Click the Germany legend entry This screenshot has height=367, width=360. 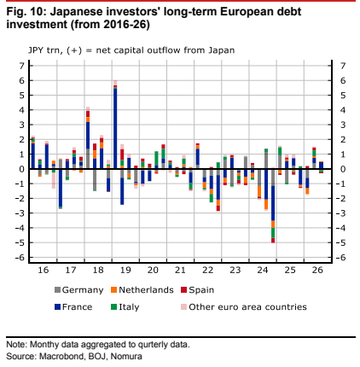(79, 290)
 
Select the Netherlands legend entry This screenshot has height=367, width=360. (142, 290)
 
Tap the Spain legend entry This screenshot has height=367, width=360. (198, 290)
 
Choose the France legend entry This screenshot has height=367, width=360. (73, 307)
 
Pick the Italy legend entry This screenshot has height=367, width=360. (125, 307)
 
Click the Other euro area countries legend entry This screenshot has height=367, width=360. (244, 307)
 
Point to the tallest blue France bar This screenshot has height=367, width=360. (115, 129)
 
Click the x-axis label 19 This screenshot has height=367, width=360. (125, 270)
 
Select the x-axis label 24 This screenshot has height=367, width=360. (263, 270)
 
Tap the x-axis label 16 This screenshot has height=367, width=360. (44, 270)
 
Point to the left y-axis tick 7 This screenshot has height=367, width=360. (21, 66)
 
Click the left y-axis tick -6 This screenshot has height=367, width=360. (20, 258)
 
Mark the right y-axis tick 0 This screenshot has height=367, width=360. (343, 169)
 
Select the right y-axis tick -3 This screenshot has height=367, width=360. (341, 213)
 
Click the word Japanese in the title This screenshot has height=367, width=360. (76, 12)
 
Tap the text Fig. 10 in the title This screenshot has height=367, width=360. (26, 12)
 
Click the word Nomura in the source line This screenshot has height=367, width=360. (126, 356)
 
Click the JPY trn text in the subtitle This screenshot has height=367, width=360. (44, 50)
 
